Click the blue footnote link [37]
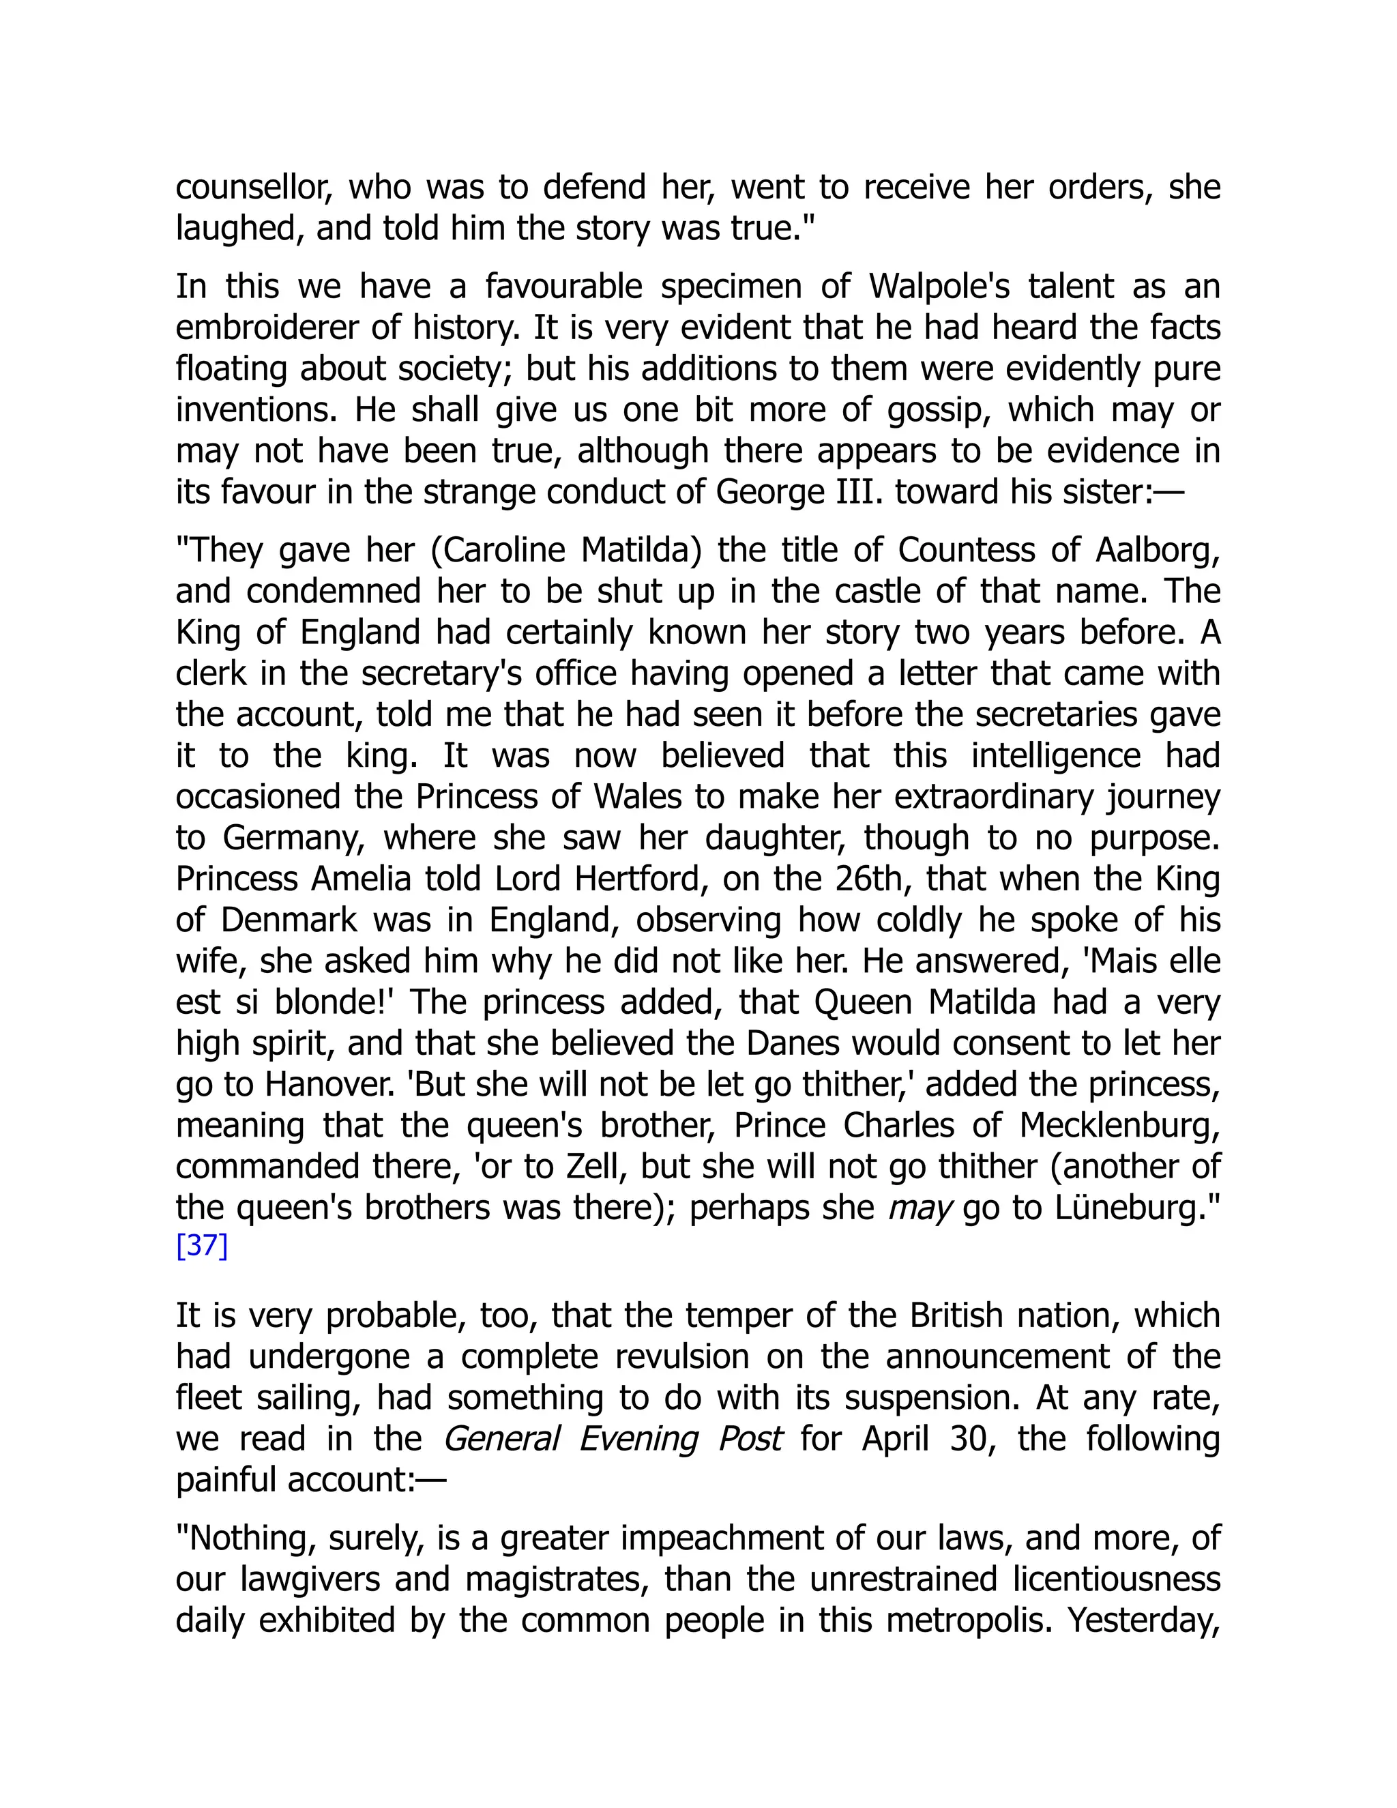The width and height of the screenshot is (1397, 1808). tap(201, 1246)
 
